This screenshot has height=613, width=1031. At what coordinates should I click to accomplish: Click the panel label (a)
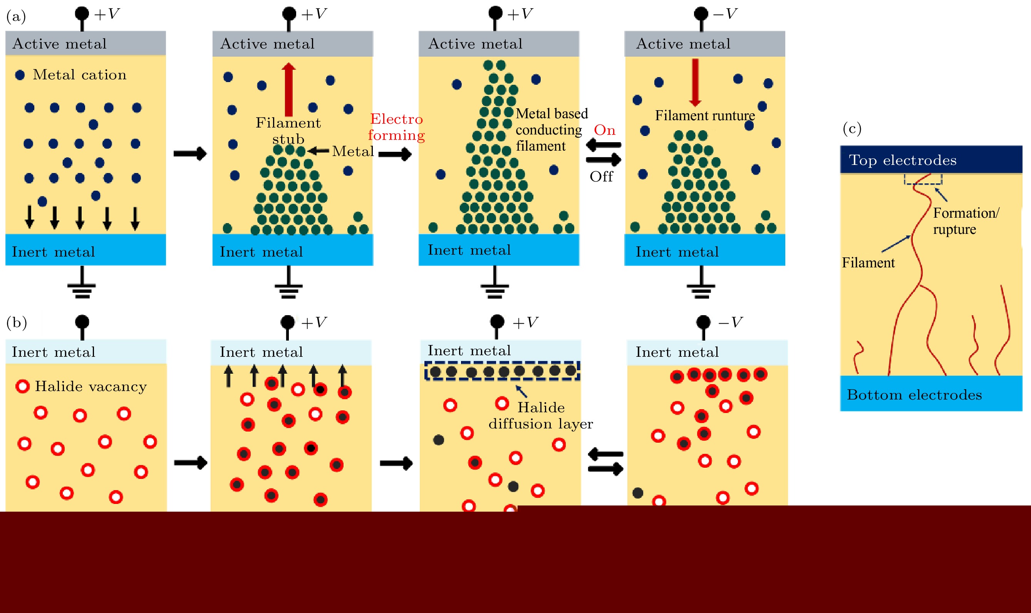[16, 17]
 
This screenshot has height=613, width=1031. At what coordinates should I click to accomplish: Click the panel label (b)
[17, 322]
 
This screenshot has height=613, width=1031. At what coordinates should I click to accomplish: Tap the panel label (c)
[852, 128]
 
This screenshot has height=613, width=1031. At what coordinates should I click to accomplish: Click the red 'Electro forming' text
[396, 127]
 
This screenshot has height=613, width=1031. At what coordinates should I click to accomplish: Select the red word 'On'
[605, 130]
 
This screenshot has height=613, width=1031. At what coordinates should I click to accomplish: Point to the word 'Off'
[601, 176]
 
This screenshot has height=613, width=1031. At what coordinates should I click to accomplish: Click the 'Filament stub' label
[288, 131]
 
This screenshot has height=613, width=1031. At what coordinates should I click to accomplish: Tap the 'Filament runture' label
[705, 115]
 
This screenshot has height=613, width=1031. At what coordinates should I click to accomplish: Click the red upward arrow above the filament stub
[288, 89]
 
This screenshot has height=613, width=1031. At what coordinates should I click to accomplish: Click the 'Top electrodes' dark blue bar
[931, 160]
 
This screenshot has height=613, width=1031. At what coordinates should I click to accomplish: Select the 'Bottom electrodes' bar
[931, 394]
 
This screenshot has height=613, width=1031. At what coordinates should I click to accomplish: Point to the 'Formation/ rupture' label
[966, 221]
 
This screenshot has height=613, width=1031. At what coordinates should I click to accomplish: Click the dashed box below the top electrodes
[923, 179]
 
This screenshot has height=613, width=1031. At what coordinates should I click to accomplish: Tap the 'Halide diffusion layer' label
[540, 416]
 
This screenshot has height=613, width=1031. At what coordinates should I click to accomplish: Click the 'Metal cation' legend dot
[20, 75]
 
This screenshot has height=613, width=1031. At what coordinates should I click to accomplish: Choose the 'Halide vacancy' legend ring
[22, 386]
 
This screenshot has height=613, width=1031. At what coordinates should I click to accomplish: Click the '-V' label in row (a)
[725, 14]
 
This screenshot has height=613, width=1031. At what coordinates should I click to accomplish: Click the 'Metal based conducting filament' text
[551, 130]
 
